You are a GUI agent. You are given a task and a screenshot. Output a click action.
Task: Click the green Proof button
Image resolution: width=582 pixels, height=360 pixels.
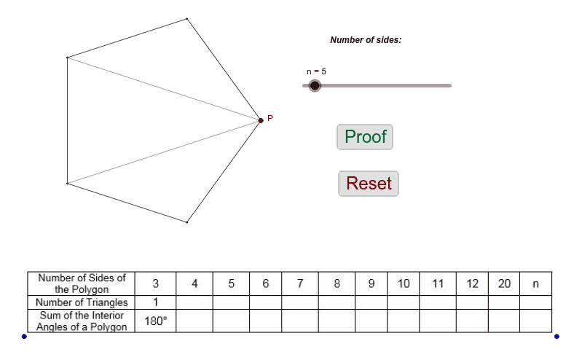365,137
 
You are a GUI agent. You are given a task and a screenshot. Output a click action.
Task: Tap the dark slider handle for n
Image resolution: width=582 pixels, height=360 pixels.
315,86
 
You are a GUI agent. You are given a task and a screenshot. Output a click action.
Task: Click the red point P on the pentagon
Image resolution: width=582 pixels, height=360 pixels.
261,120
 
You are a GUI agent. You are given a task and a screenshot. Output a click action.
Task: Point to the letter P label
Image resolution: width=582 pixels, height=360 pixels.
270,118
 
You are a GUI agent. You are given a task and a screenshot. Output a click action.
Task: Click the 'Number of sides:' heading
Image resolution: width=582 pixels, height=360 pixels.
366,40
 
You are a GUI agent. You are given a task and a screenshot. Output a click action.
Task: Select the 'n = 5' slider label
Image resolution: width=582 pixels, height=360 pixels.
316,71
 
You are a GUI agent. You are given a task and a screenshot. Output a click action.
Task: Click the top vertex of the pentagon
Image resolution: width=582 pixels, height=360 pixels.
186,18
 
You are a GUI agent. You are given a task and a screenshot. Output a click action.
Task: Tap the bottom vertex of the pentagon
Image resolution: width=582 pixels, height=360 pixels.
186,222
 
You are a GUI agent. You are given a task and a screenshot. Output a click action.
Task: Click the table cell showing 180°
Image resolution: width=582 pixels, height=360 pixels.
156,321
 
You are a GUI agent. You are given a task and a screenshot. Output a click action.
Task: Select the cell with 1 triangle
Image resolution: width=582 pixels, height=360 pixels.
156,302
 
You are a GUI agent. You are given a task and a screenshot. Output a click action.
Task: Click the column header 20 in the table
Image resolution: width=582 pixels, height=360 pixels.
504,283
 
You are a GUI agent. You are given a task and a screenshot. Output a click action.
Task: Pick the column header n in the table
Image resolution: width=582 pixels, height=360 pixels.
535,283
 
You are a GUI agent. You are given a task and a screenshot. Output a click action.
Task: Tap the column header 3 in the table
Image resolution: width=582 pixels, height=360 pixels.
156,283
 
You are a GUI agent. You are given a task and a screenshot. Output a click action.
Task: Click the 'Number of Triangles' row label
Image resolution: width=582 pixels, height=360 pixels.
82,302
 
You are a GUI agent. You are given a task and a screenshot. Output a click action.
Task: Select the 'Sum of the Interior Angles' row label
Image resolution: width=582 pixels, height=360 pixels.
82,321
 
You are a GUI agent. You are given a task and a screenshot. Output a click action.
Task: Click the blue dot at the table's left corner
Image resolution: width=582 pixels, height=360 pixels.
24,337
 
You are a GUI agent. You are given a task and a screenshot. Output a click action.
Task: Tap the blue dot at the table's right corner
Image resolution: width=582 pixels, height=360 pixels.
557,337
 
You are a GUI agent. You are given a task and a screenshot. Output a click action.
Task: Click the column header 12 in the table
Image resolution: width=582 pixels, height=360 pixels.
472,283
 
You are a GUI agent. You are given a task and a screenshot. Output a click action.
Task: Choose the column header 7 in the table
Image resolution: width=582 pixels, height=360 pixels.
300,283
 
